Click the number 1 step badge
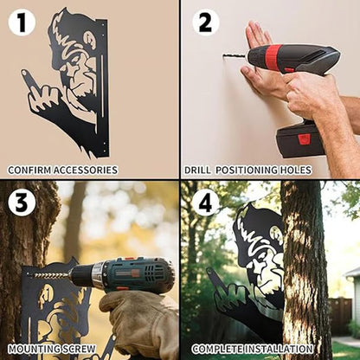[x=22, y=22]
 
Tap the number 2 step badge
[x=205, y=22]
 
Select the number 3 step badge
[x=22, y=202]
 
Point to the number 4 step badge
[x=205, y=202]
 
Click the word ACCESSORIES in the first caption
[x=85, y=170]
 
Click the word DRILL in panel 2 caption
[x=198, y=170]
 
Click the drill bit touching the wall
[x=234, y=56]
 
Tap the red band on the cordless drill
[x=273, y=57]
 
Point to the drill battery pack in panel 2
[x=300, y=138]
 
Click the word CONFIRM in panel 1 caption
[x=27, y=170]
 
